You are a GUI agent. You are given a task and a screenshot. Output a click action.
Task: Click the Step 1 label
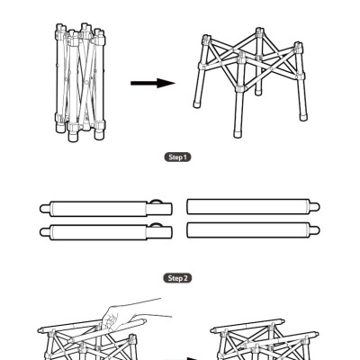(x=177, y=157)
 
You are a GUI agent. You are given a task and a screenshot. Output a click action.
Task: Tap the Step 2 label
(x=177, y=278)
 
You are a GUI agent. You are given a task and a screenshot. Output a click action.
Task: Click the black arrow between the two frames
(x=153, y=83)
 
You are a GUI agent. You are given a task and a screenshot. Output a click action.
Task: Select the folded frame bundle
(x=80, y=83)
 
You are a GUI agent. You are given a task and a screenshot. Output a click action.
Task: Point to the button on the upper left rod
(x=157, y=202)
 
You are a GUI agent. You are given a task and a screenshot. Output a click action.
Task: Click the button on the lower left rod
(x=157, y=225)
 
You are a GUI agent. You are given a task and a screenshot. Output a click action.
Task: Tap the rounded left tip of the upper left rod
(x=44, y=209)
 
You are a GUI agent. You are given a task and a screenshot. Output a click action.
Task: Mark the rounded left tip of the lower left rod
(x=44, y=232)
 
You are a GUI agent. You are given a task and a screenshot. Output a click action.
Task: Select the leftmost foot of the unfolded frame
(x=197, y=103)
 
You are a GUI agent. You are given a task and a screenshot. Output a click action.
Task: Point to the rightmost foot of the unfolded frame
(x=303, y=117)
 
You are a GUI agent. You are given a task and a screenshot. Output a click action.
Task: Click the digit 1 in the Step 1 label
(x=184, y=157)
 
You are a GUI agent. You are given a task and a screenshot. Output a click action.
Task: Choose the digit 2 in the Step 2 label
(x=185, y=278)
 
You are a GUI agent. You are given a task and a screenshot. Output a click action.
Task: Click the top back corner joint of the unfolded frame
(x=260, y=32)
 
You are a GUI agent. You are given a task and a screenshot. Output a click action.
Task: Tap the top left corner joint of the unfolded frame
(x=206, y=40)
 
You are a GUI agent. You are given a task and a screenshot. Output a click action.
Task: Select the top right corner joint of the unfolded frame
(x=297, y=47)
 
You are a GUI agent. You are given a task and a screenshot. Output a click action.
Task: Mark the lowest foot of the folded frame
(x=73, y=137)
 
